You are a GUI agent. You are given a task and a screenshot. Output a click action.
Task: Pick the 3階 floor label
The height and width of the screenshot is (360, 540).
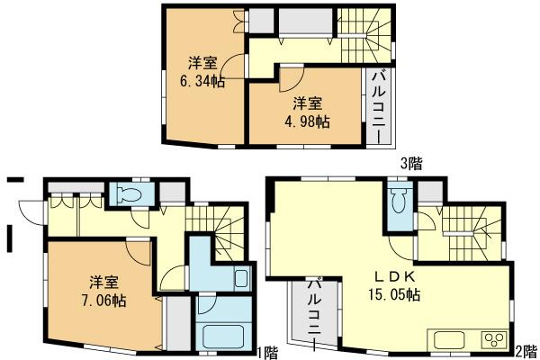point(411,163)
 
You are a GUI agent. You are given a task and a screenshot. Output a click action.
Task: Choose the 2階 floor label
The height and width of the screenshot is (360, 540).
point(525,349)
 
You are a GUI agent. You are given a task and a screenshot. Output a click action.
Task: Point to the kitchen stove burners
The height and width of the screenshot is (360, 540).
point(493,340)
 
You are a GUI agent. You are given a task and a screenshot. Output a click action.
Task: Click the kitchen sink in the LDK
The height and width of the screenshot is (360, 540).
point(450,340)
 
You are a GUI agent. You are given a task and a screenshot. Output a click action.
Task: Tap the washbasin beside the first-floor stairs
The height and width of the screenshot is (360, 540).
point(239,277)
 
